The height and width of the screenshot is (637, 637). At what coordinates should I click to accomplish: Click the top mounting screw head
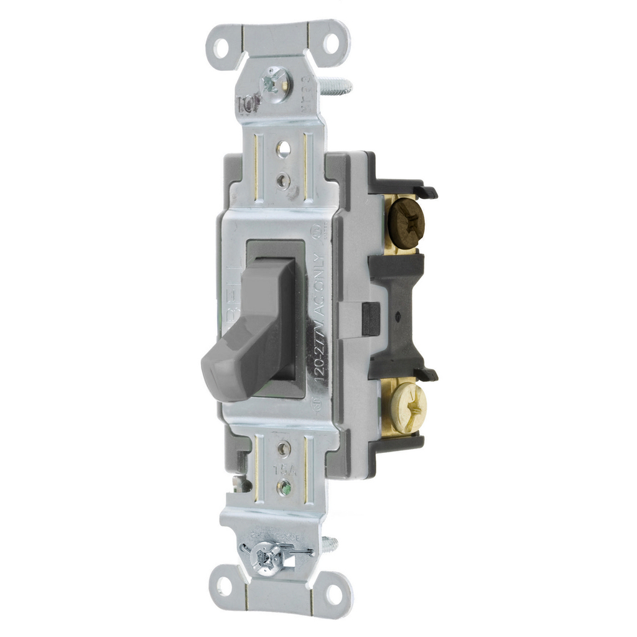[x=274, y=81]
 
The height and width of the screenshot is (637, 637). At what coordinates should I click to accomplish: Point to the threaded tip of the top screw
[x=339, y=85]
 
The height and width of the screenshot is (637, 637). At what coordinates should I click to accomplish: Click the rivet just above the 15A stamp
[x=284, y=447]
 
